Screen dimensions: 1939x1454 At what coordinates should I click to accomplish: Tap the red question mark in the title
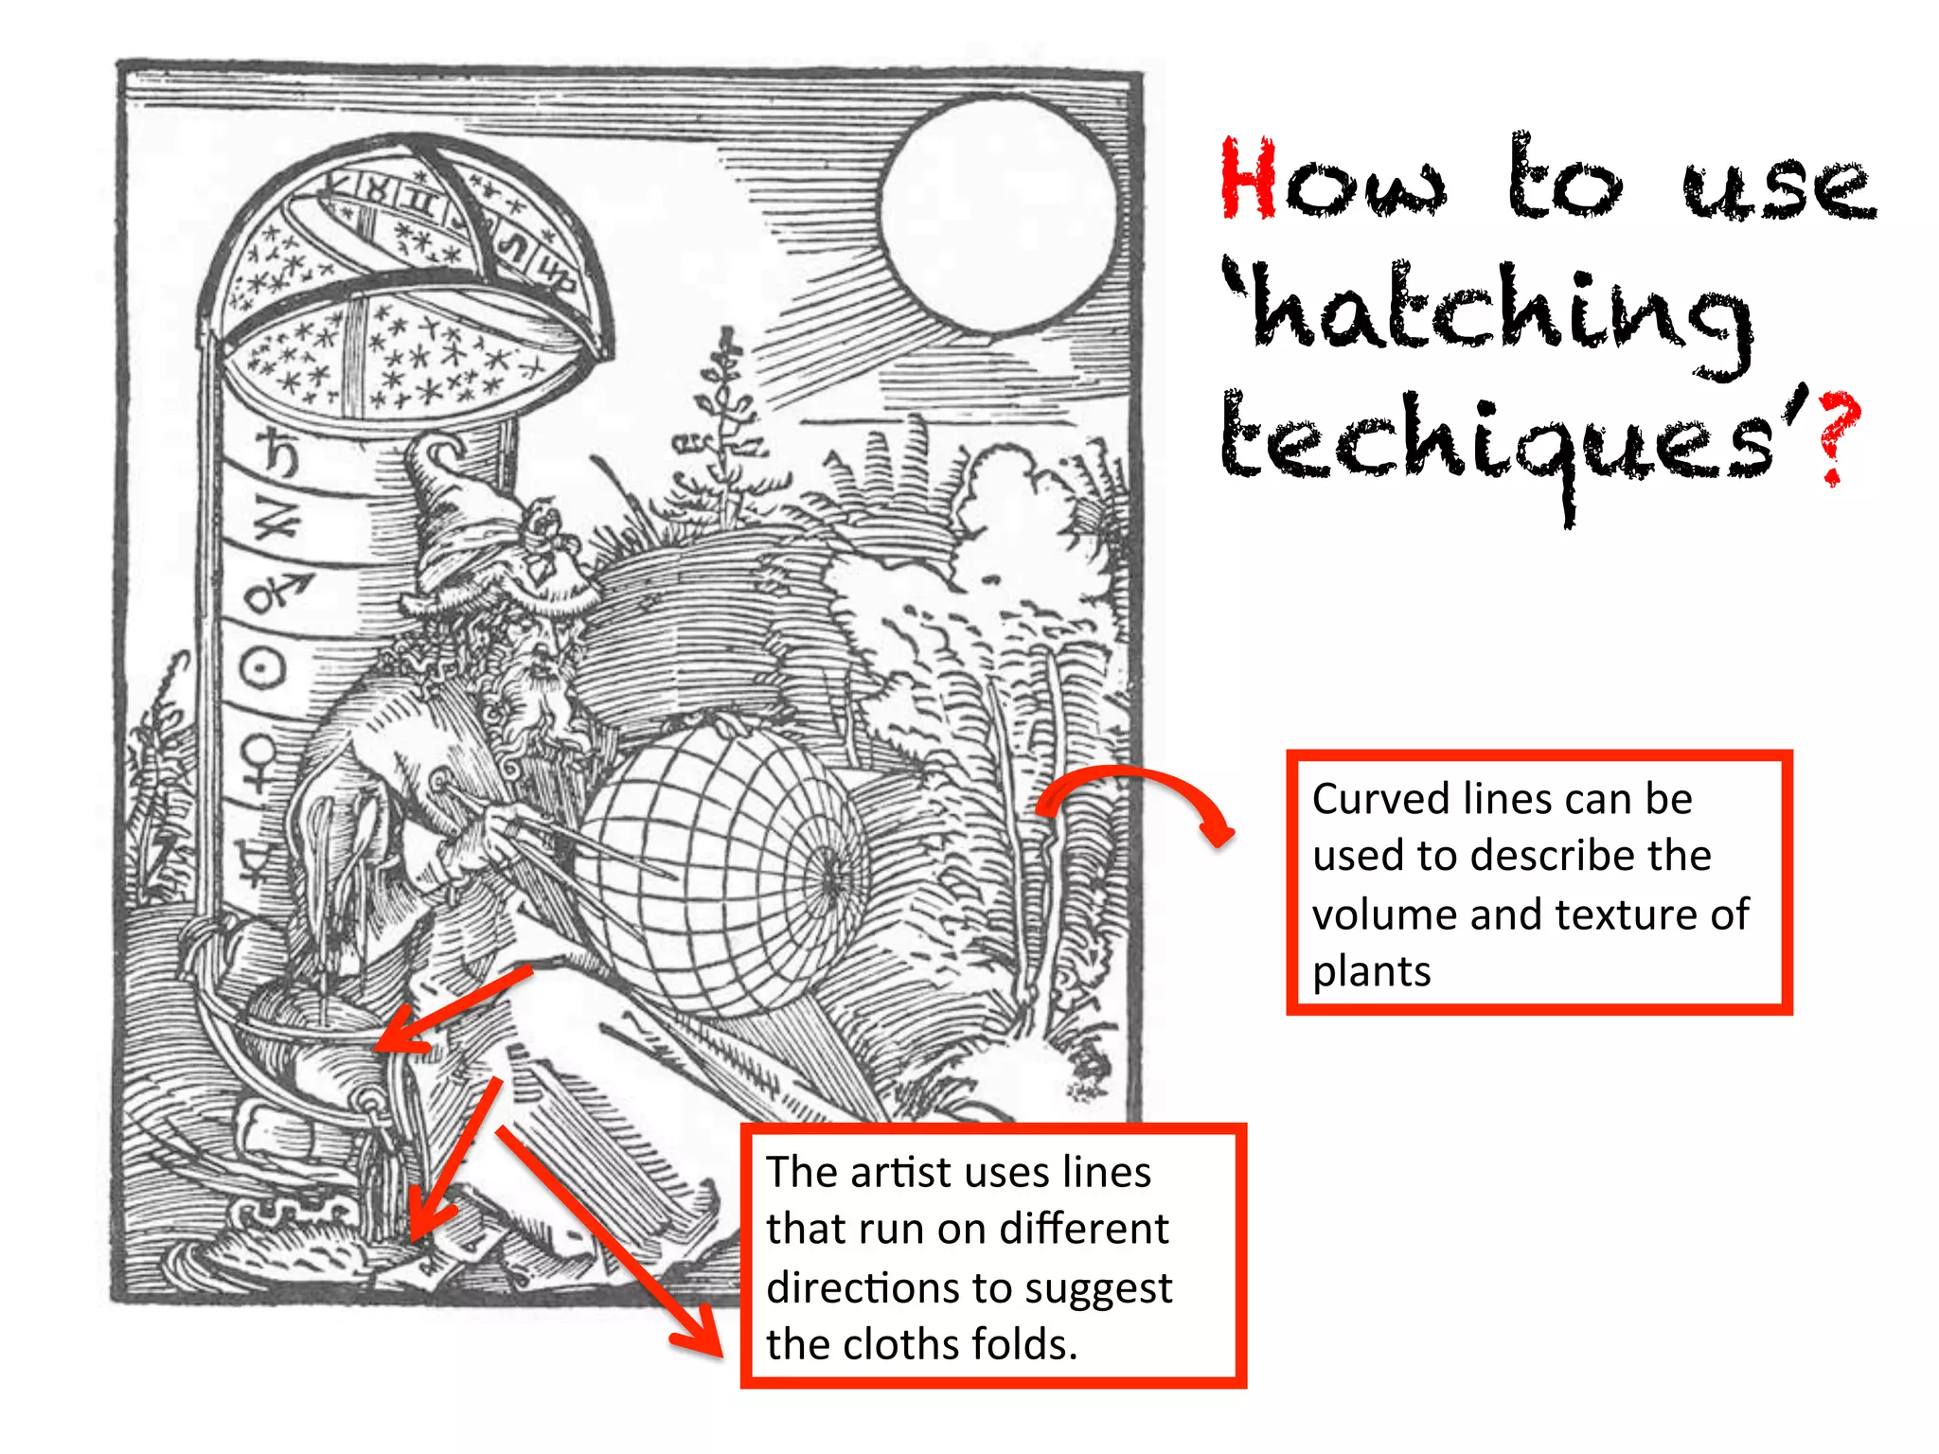pos(1838,435)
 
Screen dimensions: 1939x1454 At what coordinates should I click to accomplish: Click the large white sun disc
pos(998,214)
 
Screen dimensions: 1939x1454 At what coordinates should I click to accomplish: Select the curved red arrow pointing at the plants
pos(1136,795)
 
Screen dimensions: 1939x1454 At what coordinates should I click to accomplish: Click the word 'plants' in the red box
pos(1370,972)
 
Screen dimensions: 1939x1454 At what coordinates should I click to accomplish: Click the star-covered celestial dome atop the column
pos(398,284)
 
